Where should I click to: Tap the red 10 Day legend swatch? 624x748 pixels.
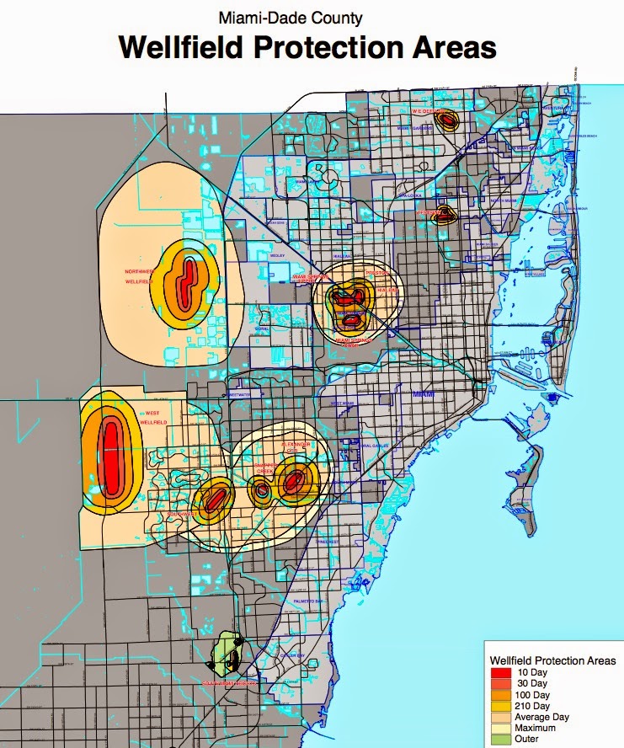(503, 672)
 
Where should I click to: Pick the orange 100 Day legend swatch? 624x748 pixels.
(503, 694)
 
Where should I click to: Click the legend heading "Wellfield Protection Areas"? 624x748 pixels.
(552, 660)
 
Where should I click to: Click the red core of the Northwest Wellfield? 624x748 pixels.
(187, 277)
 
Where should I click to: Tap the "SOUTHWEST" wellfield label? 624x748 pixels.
(182, 514)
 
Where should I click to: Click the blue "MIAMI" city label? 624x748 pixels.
(421, 394)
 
